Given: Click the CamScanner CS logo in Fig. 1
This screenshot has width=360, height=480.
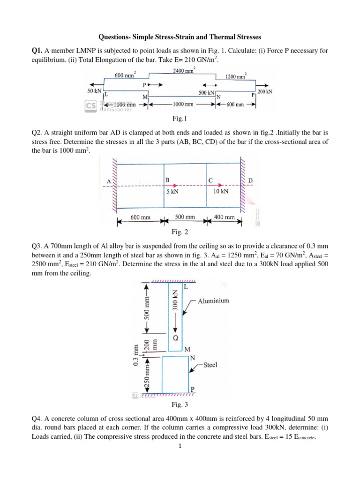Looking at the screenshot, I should (x=91, y=106).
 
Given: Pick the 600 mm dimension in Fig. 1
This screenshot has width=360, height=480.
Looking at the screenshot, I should (x=235, y=105).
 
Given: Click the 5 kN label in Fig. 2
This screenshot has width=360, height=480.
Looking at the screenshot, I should (x=172, y=191).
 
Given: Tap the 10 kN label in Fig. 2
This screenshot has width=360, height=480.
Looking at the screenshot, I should (x=221, y=191).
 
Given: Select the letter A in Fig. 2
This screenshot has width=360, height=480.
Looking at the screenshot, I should (x=109, y=181).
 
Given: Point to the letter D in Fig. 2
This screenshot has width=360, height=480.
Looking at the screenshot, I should (x=250, y=180).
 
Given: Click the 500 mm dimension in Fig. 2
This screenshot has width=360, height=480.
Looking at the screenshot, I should (x=185, y=217).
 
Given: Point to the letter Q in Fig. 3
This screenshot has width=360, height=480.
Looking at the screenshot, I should (x=175, y=337).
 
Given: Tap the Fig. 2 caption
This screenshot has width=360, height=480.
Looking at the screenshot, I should (x=180, y=232).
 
